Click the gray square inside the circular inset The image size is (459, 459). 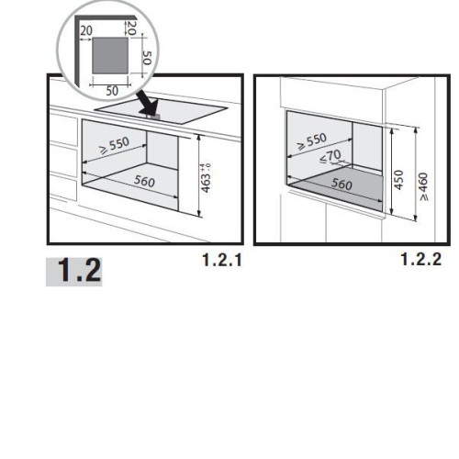[110, 55]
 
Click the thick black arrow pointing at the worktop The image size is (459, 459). [148, 103]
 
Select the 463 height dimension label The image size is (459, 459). [207, 183]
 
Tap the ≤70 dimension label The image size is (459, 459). [330, 156]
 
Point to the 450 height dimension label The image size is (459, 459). [398, 180]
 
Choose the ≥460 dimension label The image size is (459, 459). [423, 186]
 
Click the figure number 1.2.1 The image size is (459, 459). [222, 260]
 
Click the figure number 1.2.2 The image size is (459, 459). [421, 259]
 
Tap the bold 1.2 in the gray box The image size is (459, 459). [79, 270]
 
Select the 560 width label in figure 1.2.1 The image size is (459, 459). [144, 181]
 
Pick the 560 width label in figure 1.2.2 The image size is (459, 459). [341, 184]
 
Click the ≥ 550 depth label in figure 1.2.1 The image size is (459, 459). [114, 145]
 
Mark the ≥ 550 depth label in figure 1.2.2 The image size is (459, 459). [312, 141]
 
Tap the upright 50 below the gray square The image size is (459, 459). [112, 91]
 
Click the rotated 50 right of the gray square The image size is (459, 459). [147, 58]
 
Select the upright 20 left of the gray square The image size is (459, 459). [86, 30]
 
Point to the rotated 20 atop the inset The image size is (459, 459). [131, 28]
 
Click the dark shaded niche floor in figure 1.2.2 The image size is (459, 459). [336, 188]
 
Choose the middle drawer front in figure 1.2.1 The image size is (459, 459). [63, 159]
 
